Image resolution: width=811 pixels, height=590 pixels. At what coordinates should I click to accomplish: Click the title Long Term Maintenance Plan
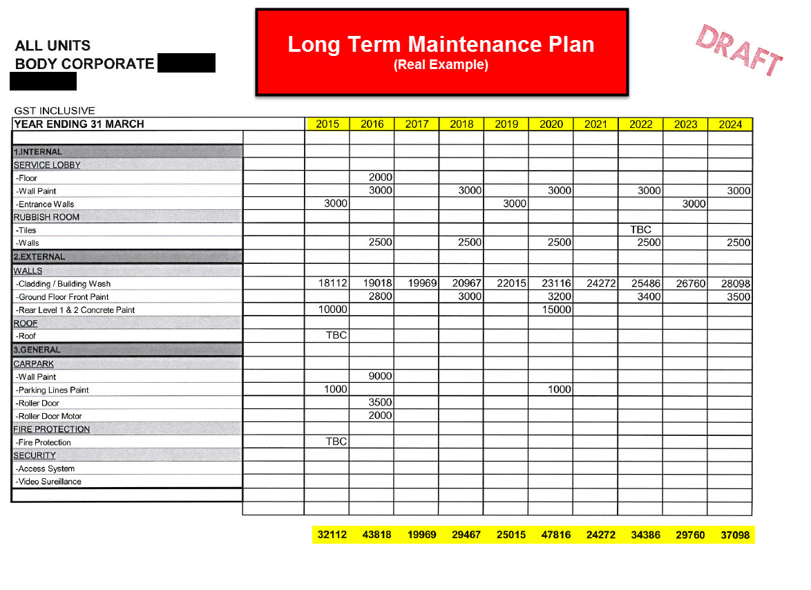point(441,45)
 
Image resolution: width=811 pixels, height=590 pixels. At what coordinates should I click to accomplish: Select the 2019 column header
point(506,124)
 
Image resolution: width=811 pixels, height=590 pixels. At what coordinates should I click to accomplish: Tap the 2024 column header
point(730,124)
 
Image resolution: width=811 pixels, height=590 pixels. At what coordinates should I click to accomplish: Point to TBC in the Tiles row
point(640,230)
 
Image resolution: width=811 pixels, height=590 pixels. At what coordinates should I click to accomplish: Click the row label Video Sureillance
point(49,482)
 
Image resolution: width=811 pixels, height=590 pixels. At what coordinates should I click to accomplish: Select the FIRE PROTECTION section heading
point(52,429)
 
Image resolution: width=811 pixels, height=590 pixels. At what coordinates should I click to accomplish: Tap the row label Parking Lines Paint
point(53,390)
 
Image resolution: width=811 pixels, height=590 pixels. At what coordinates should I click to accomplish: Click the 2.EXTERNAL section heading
point(40,257)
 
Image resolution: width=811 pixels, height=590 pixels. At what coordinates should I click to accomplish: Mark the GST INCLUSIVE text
point(55,111)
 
